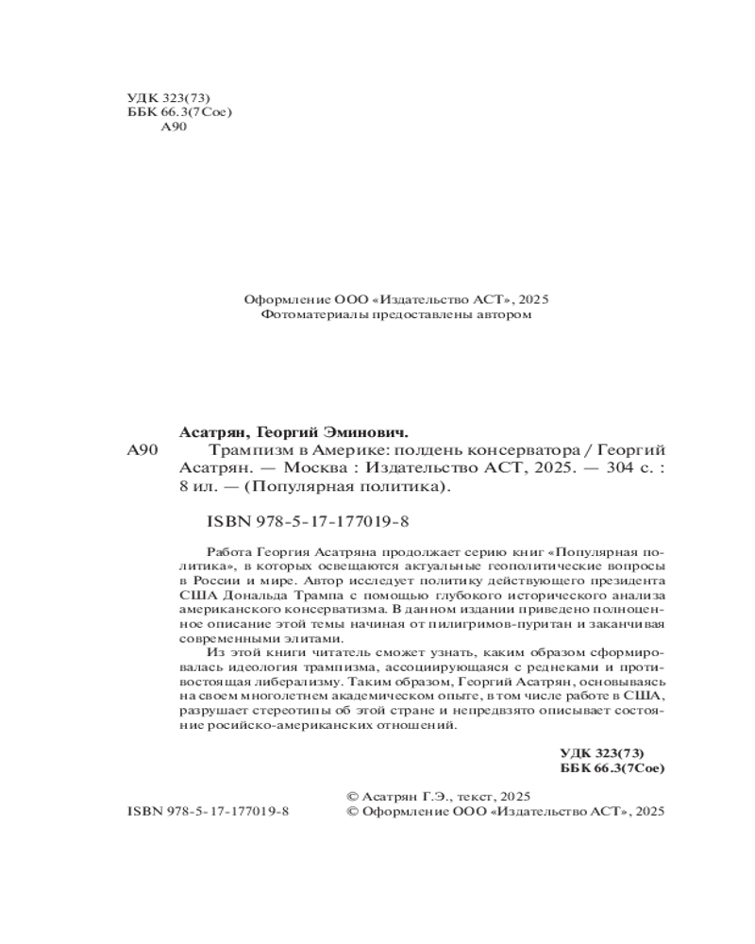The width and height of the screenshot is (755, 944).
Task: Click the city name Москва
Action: pyautogui.click(x=301, y=467)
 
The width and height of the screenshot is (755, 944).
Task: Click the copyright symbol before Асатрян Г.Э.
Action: pyautogui.click(x=355, y=796)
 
